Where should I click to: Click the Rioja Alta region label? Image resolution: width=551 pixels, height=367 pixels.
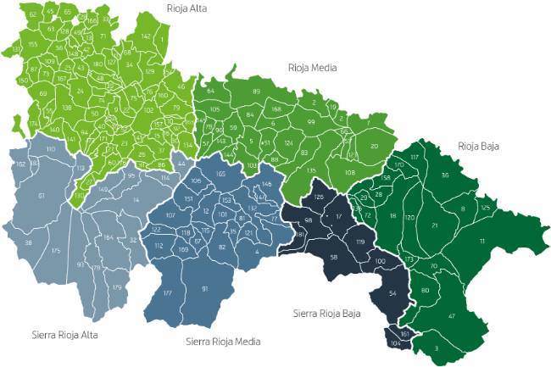(187, 9)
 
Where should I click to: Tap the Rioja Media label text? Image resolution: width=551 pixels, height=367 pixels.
(310, 67)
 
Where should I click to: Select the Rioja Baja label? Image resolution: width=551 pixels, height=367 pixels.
(478, 146)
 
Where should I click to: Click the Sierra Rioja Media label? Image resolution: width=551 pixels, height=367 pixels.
(223, 342)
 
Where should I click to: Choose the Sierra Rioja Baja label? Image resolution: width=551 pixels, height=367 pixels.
(326, 313)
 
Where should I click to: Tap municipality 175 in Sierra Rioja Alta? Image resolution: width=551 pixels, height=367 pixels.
(55, 252)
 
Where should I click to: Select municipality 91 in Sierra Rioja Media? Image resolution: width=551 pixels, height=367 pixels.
(204, 289)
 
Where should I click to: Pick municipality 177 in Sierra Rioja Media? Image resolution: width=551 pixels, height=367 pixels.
(167, 293)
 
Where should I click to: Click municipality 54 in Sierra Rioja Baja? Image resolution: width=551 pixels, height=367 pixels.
(392, 292)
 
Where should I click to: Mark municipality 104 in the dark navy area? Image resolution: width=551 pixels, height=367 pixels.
(395, 345)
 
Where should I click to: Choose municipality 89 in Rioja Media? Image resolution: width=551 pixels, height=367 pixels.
(256, 91)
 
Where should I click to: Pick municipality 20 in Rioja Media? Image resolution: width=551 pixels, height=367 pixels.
(374, 147)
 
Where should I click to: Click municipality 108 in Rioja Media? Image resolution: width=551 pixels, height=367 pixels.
(349, 172)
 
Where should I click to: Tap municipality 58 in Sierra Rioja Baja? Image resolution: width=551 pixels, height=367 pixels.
(333, 257)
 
